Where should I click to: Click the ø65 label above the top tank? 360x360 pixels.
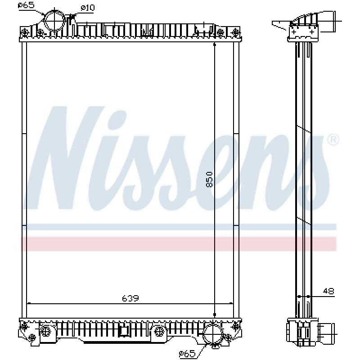tap(26, 5)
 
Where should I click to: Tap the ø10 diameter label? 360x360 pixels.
tap(88, 8)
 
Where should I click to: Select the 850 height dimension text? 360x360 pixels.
tap(209, 180)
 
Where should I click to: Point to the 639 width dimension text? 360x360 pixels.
tap(130, 298)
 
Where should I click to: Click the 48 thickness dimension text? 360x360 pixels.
tap(328, 291)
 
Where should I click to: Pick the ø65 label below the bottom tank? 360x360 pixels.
tap(187, 354)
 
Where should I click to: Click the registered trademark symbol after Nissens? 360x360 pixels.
tap(333, 140)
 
